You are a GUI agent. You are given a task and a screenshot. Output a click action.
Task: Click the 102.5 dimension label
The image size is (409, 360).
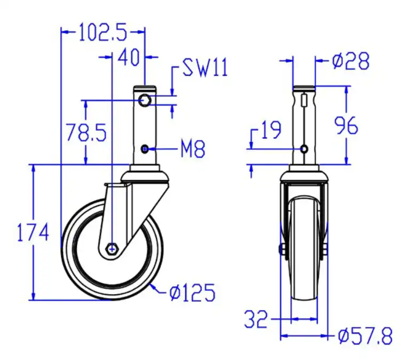(103, 33)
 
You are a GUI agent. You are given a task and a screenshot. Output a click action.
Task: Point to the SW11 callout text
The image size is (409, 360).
(205, 68)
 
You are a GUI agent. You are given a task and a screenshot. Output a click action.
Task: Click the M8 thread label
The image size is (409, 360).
(192, 150)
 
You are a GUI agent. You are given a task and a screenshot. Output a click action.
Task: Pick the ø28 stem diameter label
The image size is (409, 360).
(350, 62)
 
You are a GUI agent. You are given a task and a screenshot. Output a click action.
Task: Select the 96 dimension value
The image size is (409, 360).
(346, 126)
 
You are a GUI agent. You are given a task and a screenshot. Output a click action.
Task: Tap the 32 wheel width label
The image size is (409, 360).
(256, 320)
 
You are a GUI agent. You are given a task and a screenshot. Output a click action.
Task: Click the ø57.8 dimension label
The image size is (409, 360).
(366, 336)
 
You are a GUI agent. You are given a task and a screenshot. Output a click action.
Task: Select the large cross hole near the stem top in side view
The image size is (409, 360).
(145, 100)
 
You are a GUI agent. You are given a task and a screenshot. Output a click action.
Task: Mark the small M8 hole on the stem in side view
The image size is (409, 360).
(145, 149)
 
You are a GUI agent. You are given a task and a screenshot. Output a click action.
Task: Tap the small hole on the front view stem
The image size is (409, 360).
(304, 148)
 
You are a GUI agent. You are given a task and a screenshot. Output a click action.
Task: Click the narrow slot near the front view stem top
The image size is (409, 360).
(304, 100)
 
